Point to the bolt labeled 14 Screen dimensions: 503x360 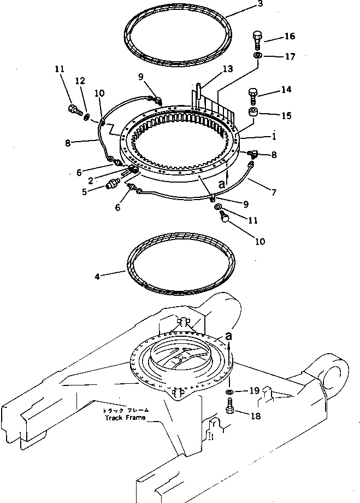pyautogui.click(x=253, y=97)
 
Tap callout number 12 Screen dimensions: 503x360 pyautogui.click(x=80, y=81)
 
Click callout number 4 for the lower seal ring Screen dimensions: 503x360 pyautogui.click(x=97, y=277)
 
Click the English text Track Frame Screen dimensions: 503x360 pyautogui.click(x=125, y=418)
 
